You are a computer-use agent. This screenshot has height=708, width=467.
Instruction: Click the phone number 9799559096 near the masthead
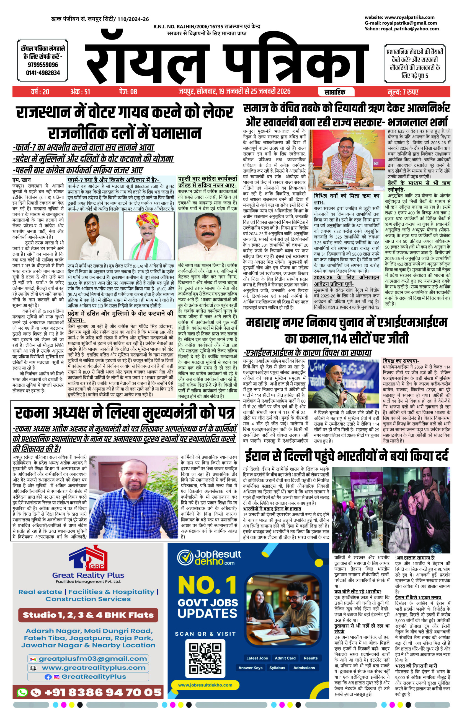point(43,64)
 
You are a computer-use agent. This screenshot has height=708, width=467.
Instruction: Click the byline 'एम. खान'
point(21,180)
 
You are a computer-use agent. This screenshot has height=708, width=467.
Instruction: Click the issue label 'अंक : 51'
point(80,92)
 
